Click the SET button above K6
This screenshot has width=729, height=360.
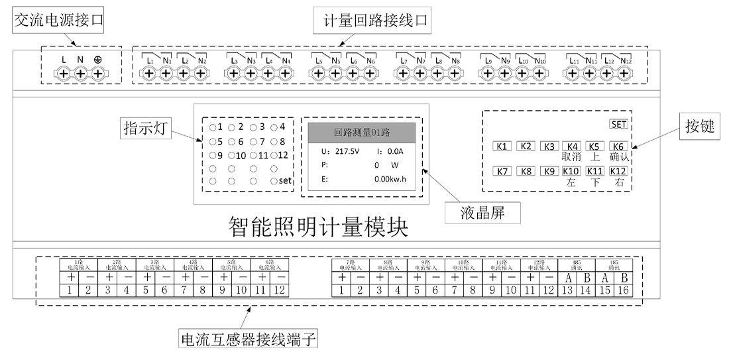point(618,124)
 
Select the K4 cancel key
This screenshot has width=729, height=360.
point(571,147)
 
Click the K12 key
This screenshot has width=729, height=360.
point(618,172)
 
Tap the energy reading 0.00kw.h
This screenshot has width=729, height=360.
point(389,179)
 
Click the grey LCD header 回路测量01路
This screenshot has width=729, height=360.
point(361,132)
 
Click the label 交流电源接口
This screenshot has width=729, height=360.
point(62,21)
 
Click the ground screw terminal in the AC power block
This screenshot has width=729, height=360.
point(97,76)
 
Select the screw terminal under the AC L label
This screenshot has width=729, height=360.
point(64,76)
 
